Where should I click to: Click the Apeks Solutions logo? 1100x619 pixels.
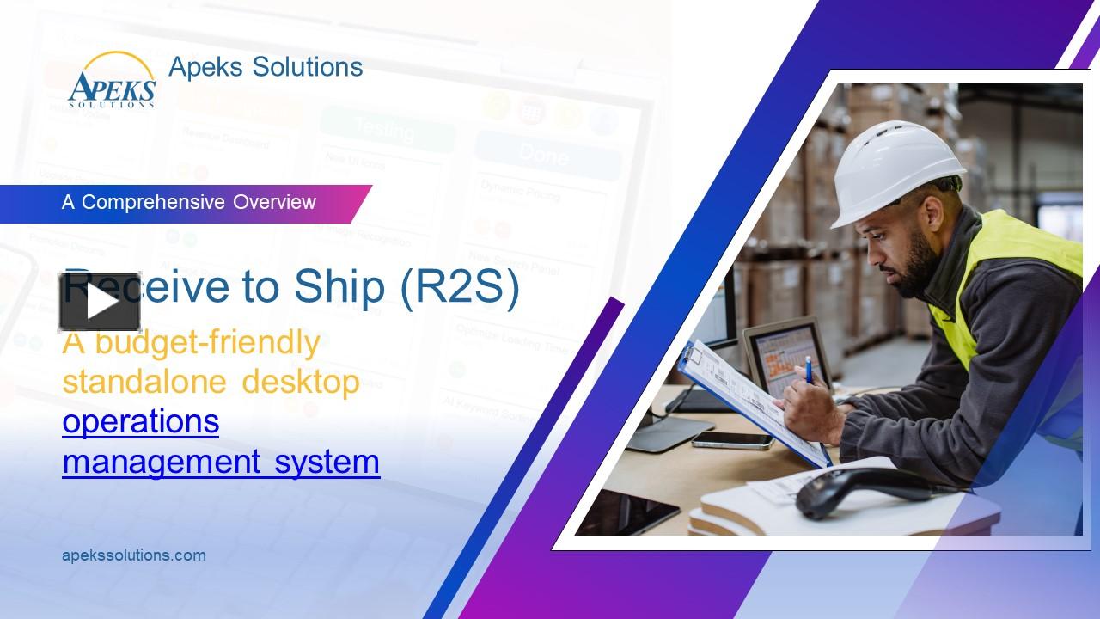(112, 81)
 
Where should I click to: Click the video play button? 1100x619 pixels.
(100, 302)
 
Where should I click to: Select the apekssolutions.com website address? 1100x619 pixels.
(134, 555)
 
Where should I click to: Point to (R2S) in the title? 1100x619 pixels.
(460, 288)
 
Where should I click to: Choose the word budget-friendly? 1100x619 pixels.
(207, 342)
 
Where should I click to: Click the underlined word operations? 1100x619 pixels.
(140, 422)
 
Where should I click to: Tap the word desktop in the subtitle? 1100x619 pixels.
(300, 382)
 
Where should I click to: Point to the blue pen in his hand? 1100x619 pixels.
(808, 370)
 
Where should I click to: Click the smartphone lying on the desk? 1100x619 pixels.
(732, 440)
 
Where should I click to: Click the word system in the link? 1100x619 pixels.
(327, 462)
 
